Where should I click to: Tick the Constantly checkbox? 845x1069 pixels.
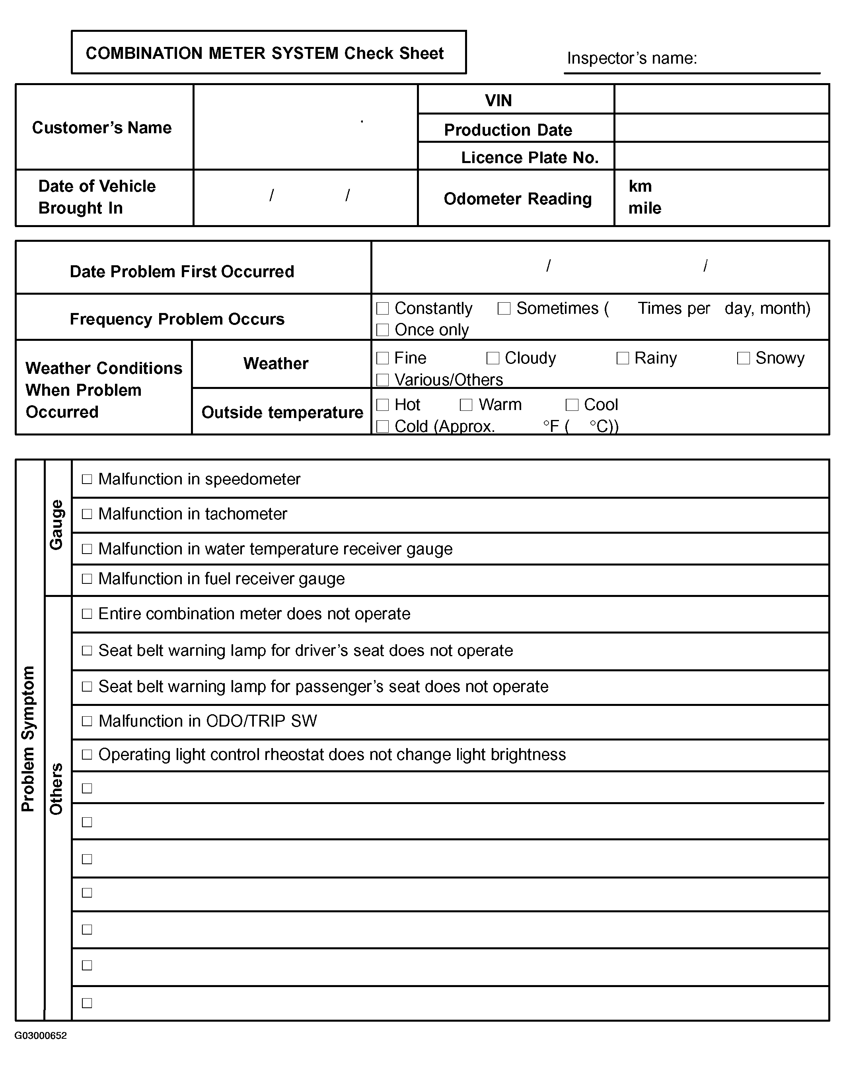pyautogui.click(x=382, y=309)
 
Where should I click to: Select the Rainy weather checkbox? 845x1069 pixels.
pyautogui.click(x=622, y=358)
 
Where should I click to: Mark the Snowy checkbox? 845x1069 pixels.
pyautogui.click(x=743, y=358)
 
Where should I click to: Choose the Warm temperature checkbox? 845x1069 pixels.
pyautogui.click(x=466, y=405)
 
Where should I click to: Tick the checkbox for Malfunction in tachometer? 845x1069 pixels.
pyautogui.click(x=87, y=514)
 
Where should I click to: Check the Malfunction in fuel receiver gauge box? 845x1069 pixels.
pyautogui.click(x=87, y=579)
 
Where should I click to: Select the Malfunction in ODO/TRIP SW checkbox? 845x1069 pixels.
pyautogui.click(x=87, y=721)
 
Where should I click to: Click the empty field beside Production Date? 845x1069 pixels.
pyautogui.click(x=721, y=128)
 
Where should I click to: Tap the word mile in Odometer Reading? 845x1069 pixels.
pyautogui.click(x=644, y=208)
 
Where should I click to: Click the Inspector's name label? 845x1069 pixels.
pyautogui.click(x=632, y=58)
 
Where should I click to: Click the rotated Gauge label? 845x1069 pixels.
pyautogui.click(x=57, y=525)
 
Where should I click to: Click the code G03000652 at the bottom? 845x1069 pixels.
pyautogui.click(x=41, y=1036)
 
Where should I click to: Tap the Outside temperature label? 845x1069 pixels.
pyautogui.click(x=282, y=412)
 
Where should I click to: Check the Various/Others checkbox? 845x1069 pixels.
pyautogui.click(x=382, y=380)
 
